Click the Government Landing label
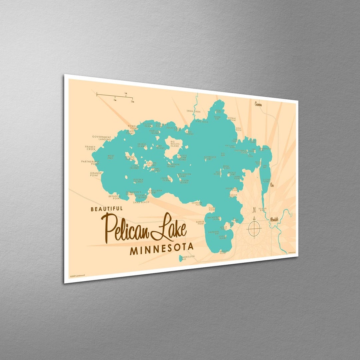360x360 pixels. (102, 138)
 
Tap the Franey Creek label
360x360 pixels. (90, 148)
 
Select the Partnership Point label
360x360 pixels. (90, 163)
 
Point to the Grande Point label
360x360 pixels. (96, 174)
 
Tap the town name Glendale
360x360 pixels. (274, 219)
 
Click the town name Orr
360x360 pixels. (272, 184)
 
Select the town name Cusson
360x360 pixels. (258, 104)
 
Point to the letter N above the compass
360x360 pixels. (254, 210)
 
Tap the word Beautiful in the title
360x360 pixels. (107, 209)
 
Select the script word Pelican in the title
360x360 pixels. (125, 228)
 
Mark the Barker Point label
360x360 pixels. (200, 222)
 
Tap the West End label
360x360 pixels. (111, 157)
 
